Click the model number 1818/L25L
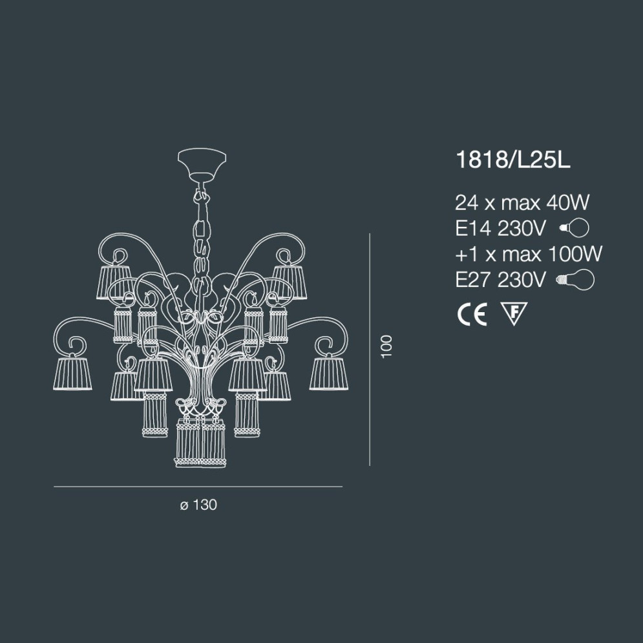[x=513, y=161]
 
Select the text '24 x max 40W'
[x=522, y=203]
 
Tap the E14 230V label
[x=501, y=228]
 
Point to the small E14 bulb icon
[x=574, y=228]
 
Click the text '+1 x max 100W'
[x=529, y=253]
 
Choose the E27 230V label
[x=501, y=279]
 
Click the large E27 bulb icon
[x=575, y=279]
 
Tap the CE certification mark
[x=471, y=314]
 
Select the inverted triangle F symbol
[x=514, y=313]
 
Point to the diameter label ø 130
[x=198, y=505]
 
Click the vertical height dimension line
[x=369, y=349]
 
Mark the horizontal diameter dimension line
[x=198, y=486]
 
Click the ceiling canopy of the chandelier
[x=203, y=165]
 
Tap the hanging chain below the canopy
[x=202, y=233]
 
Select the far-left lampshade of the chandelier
[x=72, y=373]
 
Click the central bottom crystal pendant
[x=201, y=442]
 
